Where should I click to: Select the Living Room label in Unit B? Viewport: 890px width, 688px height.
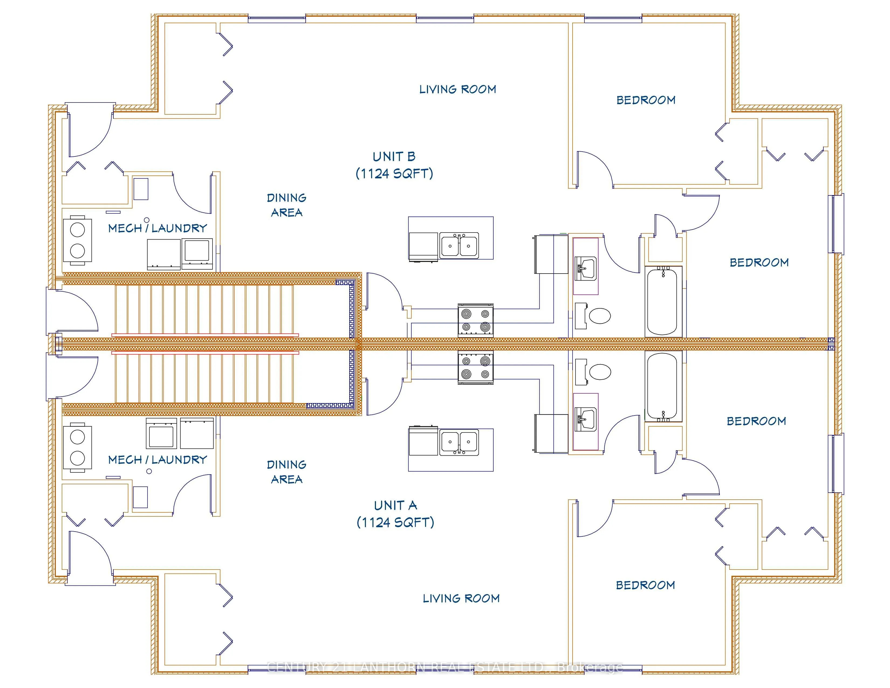(x=458, y=90)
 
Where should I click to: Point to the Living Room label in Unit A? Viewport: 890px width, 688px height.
(x=461, y=598)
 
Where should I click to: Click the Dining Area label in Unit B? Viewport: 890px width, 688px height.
(x=286, y=205)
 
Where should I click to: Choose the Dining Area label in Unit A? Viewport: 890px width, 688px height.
(x=286, y=472)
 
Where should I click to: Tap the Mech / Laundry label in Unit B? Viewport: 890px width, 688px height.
(x=157, y=228)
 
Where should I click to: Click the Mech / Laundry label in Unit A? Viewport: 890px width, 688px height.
(x=157, y=460)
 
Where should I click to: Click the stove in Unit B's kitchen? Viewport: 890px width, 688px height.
(x=475, y=320)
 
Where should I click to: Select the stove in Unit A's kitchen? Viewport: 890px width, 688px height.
(x=475, y=368)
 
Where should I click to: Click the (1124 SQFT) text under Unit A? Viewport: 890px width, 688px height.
(x=395, y=523)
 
